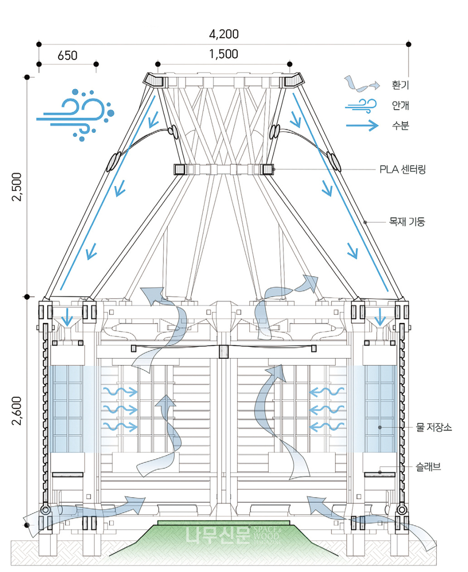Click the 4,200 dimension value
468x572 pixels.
point(224,34)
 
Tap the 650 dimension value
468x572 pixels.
point(67,55)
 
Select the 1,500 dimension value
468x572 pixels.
point(224,54)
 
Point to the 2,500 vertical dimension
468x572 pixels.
point(16,187)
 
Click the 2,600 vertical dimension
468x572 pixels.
point(16,410)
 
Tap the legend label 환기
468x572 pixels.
point(400,85)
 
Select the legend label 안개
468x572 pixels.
point(400,105)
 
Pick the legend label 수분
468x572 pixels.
point(400,126)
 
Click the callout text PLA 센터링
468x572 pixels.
point(403,169)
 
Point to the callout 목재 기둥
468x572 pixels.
point(407,222)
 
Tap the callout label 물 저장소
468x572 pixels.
point(433,427)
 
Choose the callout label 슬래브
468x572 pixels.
point(428,467)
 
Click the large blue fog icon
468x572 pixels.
point(77,114)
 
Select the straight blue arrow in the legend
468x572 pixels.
point(362,126)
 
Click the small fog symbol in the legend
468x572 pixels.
point(361,105)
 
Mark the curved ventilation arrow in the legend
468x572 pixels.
point(361,84)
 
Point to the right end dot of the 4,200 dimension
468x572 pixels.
point(408,44)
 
